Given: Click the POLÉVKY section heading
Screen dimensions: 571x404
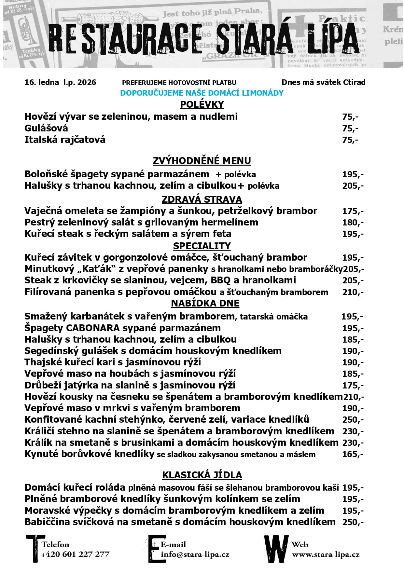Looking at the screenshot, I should coord(202,104).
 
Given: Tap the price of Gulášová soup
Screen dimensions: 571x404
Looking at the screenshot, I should coord(350,129).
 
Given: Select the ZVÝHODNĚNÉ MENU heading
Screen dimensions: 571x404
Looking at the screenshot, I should coord(202,161).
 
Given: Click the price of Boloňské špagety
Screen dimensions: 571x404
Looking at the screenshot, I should coord(353,174).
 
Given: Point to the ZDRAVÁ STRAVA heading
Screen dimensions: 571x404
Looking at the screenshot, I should coord(202,199).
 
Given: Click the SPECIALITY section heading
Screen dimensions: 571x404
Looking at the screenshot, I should coord(202,246).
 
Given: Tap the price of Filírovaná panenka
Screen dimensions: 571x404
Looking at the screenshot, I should coord(353,292).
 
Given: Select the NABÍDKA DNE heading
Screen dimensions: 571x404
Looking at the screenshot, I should coord(205,303).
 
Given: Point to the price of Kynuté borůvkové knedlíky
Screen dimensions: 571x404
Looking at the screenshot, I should coord(353,454).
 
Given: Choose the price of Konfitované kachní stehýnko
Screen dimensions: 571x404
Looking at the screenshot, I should coord(353,420).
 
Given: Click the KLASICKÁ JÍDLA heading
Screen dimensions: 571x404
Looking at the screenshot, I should coord(202,475).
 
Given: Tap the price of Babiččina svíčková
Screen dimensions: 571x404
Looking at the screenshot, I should coord(353,522).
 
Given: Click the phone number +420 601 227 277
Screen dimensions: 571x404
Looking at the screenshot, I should coord(75,554).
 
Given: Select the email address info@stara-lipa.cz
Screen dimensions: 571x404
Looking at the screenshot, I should coord(195,554).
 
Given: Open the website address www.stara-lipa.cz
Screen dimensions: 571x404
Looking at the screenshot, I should coord(326,554).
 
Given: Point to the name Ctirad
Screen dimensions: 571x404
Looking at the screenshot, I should coord(354,82).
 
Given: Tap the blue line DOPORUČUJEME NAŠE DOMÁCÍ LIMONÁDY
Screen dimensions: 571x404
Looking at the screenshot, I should coord(202,93).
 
